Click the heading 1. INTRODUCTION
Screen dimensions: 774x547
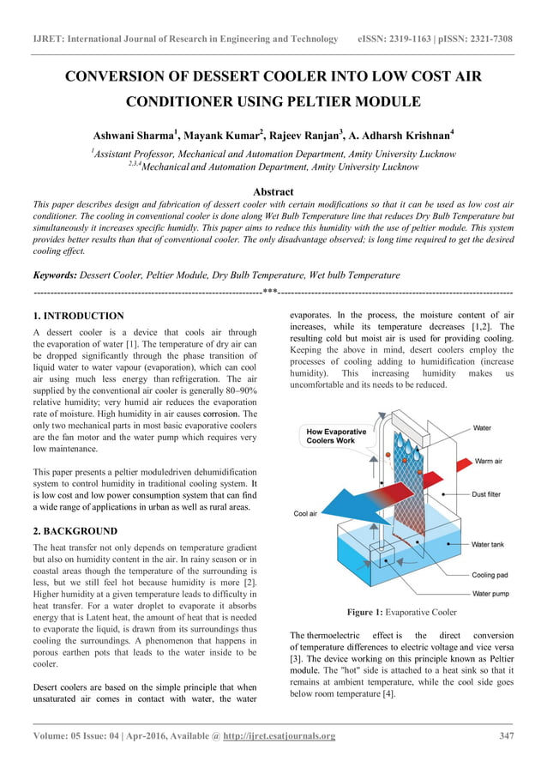click(x=78, y=316)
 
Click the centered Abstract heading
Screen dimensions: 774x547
click(x=273, y=192)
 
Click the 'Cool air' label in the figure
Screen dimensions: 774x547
click(x=306, y=514)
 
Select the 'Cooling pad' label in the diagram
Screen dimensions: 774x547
click(x=494, y=575)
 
